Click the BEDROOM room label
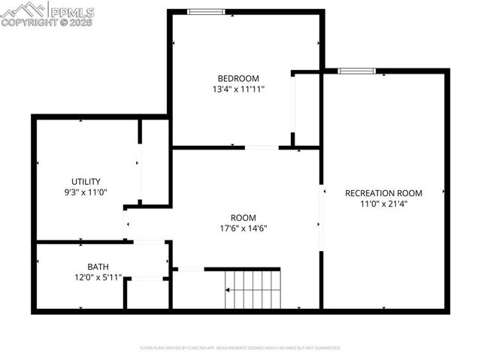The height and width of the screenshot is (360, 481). pos(238,78)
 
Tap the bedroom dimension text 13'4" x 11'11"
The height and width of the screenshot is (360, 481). pos(238,89)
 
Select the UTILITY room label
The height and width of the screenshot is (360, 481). pos(86,181)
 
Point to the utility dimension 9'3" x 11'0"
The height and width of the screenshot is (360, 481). pos(86,192)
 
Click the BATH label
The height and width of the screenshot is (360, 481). pos(98,267)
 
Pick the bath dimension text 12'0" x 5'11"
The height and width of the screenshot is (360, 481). pos(98,277)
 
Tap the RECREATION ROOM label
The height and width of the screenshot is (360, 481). pos(383,193)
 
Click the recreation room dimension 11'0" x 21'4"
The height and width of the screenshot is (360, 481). pos(383,203)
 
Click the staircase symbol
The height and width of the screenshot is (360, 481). pos(253,289)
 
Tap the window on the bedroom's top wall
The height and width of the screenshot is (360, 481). pos(205,11)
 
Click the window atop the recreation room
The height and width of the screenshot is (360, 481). pos(356,71)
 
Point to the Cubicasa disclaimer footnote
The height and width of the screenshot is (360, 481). pos(240,348)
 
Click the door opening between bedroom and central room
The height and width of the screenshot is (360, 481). pos(262,148)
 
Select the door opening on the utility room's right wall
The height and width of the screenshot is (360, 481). pos(140,165)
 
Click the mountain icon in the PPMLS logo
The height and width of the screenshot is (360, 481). pos(23,10)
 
